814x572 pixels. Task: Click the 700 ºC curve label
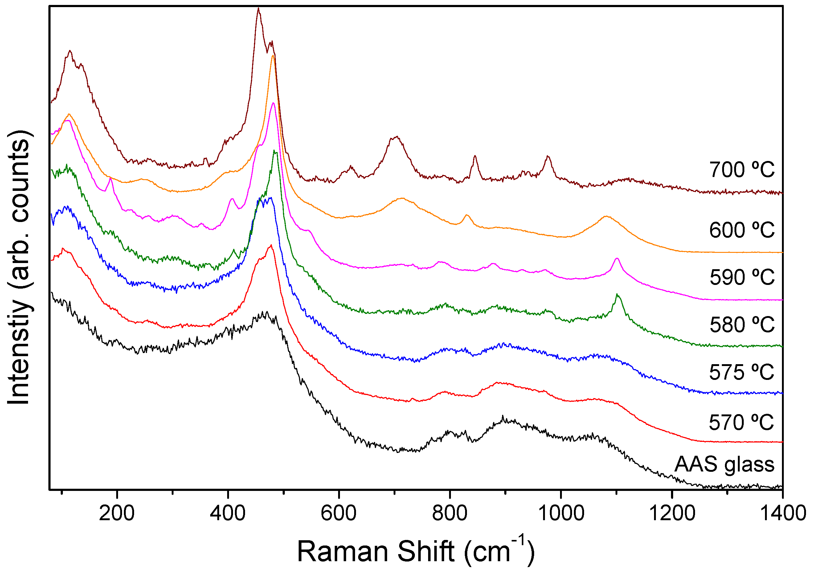click(x=741, y=170)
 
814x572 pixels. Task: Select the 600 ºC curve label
click(x=741, y=230)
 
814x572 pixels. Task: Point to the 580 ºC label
click(x=741, y=324)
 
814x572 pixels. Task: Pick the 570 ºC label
click(x=741, y=422)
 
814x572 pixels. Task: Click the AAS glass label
click(x=724, y=464)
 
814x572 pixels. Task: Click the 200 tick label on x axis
click(x=117, y=513)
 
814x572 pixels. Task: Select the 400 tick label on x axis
click(x=227, y=513)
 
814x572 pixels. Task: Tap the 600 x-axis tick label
click(x=338, y=513)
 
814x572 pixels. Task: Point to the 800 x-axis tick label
click(x=450, y=513)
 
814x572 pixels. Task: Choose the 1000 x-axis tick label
click(x=561, y=513)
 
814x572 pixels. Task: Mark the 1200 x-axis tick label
click(x=672, y=513)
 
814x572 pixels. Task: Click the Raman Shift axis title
click(x=415, y=551)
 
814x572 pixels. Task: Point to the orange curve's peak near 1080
click(x=606, y=216)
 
